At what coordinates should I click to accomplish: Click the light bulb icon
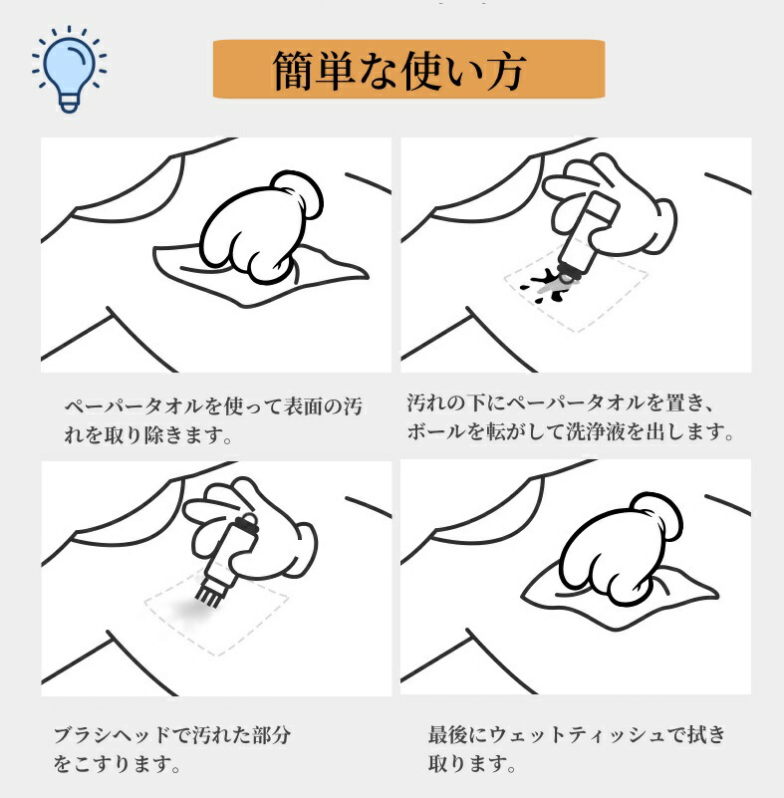69,69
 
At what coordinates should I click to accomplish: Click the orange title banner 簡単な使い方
408,69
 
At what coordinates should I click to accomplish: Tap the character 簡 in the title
293,70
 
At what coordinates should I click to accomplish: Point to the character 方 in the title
506,72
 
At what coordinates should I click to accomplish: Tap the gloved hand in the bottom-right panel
621,549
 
